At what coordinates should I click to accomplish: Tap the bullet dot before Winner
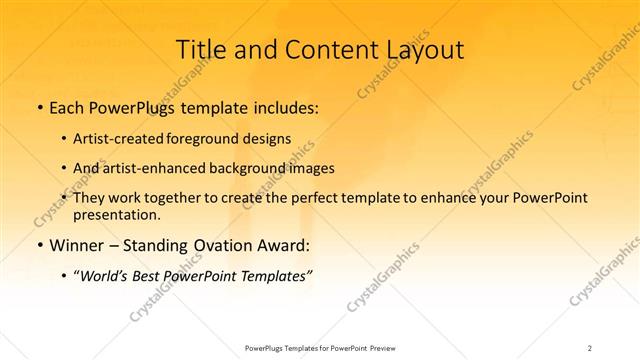coord(39,245)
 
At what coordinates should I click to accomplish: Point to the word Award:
coord(281,245)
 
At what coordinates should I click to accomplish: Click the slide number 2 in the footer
coord(590,348)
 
